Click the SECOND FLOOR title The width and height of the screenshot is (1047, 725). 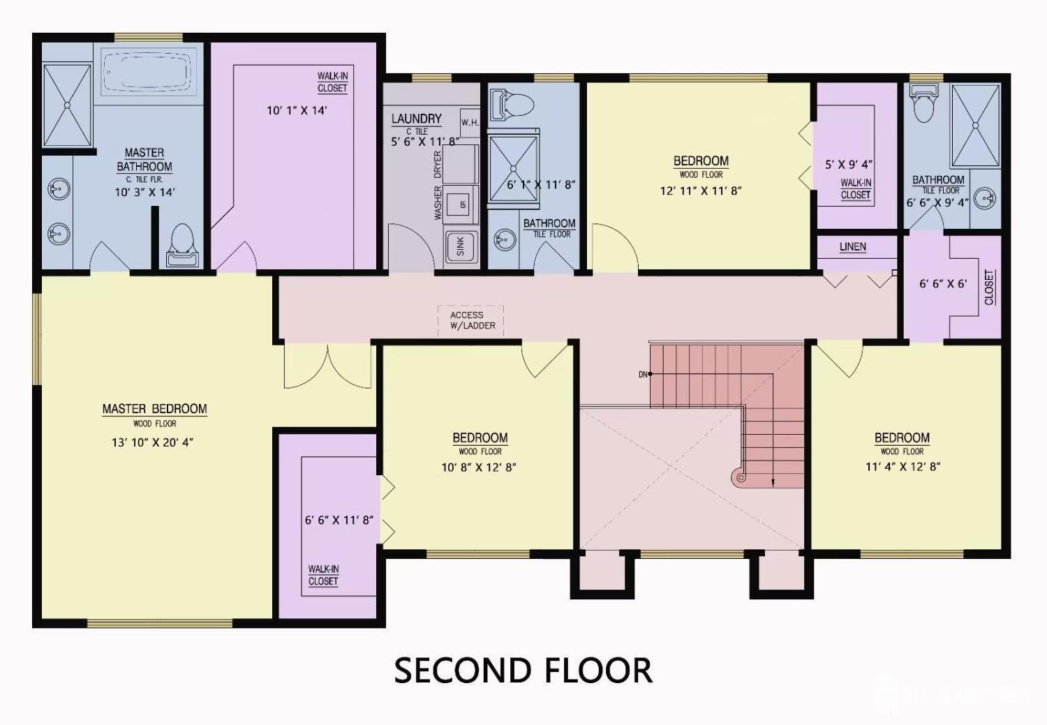(523, 671)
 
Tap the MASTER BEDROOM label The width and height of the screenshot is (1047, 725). (154, 409)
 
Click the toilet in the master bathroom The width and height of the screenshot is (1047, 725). (183, 244)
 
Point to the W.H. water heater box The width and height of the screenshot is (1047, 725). (470, 124)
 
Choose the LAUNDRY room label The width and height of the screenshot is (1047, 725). (416, 119)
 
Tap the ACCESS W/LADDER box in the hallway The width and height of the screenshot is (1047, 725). (471, 320)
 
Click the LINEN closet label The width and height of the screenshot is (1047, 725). (852, 247)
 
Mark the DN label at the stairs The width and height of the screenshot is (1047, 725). (643, 375)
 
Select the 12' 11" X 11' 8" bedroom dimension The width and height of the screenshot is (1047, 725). (700, 190)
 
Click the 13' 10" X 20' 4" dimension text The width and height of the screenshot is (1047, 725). (152, 442)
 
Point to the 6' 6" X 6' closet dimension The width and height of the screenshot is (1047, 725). (943, 284)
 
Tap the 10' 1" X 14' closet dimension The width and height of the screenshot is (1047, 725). (297, 110)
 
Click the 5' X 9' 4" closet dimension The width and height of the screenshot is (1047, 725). (849, 165)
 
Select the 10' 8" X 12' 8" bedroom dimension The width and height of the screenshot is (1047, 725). (479, 468)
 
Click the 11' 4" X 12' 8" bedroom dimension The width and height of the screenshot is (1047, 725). (903, 467)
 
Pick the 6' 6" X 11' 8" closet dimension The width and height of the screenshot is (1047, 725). (339, 521)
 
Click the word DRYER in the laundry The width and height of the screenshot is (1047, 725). (438, 165)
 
